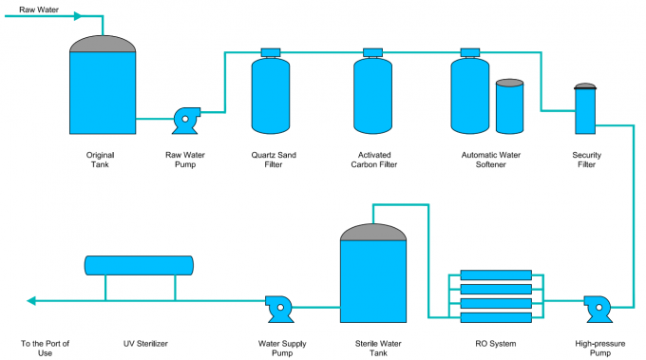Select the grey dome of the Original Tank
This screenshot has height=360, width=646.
click(x=103, y=45)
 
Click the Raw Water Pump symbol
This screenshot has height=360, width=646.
click(x=184, y=119)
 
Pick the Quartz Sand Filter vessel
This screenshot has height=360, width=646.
click(x=270, y=95)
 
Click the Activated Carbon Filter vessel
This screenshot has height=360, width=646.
click(x=372, y=95)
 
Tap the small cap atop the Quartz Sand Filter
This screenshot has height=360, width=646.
click(x=270, y=52)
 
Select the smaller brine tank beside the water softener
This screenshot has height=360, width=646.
click(x=509, y=105)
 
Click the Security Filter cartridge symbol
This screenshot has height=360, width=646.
click(x=585, y=109)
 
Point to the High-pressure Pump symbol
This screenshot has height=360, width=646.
click(x=598, y=306)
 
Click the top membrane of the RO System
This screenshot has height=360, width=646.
click(x=496, y=275)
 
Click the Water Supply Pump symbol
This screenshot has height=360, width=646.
click(x=278, y=306)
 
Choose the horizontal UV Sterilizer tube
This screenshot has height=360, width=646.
click(x=139, y=265)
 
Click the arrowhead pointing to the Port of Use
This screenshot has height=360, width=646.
click(x=32, y=301)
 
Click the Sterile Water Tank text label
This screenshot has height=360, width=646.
click(x=373, y=348)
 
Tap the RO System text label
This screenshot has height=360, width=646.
click(x=495, y=343)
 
